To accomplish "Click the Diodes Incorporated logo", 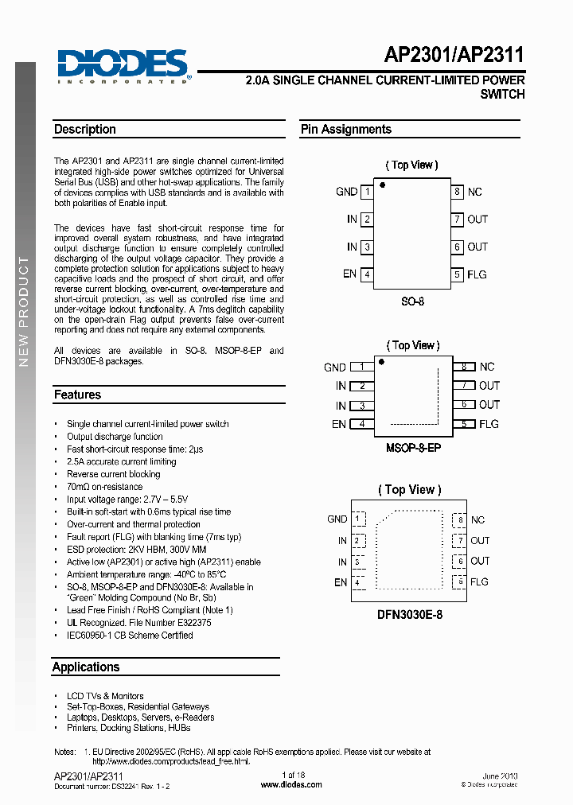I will [122, 66].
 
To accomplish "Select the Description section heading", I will [85, 130].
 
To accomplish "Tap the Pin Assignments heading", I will [345, 130].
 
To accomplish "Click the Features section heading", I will [77, 395].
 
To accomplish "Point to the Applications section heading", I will [86, 667].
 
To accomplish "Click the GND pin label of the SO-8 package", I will [346, 192].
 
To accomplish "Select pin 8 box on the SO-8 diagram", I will [458, 192].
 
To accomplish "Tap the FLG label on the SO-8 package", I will [477, 274].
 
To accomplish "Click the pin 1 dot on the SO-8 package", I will [382, 185].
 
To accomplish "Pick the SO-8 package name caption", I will [411, 301].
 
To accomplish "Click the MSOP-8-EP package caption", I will [413, 448].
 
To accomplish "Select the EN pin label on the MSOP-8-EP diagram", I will [339, 424].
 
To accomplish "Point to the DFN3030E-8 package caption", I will [411, 614].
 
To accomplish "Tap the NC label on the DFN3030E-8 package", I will [477, 519].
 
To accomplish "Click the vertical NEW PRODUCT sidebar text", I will [24, 310].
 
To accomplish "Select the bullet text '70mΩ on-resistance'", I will [104, 487].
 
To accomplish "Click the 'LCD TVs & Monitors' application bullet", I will [105, 696].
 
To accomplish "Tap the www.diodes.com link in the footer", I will [291, 784].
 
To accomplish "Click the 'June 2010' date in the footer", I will [499, 776].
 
